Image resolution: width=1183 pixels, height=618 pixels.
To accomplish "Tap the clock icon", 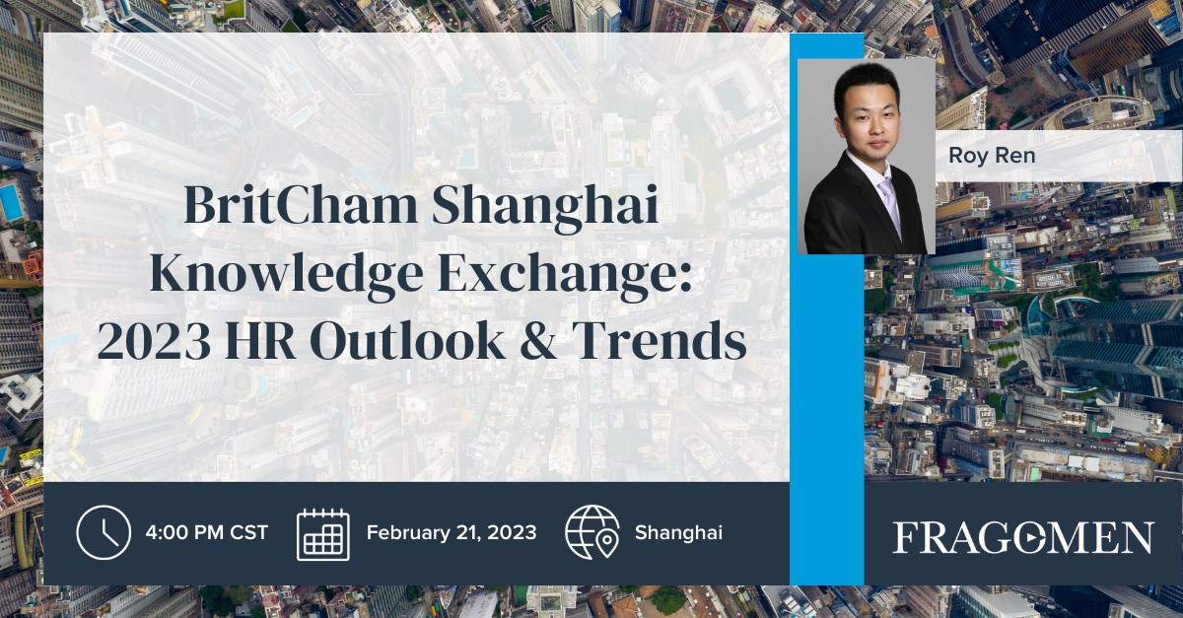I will click(x=104, y=532).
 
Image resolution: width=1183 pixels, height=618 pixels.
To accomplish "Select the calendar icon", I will click(x=323, y=533).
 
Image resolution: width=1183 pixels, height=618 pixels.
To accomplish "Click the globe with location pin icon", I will click(x=591, y=532).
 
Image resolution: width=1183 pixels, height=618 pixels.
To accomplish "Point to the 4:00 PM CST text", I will click(x=206, y=533).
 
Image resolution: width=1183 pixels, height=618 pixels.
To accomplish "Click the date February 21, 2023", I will click(x=452, y=533).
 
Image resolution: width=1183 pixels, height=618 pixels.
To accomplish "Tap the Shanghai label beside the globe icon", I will click(x=678, y=533).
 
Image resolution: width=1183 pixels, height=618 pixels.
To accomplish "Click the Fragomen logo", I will click(x=1022, y=538).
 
